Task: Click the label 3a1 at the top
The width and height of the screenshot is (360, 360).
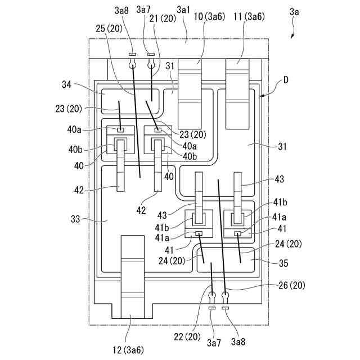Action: point(183,10)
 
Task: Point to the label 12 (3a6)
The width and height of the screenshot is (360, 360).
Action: point(129,350)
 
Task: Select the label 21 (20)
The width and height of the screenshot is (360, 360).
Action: point(163,18)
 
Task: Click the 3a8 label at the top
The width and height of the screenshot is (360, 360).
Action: point(121,10)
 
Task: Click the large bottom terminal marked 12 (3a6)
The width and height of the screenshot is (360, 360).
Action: point(133,276)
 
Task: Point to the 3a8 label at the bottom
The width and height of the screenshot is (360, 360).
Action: point(237,341)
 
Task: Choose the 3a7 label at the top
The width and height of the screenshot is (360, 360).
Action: point(143,10)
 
